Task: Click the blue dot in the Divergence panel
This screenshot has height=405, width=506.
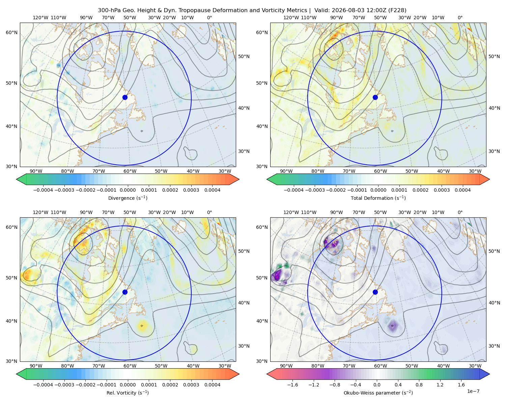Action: [x=125, y=98]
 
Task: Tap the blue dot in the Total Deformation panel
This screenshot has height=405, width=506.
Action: [x=375, y=98]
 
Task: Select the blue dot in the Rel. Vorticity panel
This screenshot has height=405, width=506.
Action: [x=125, y=292]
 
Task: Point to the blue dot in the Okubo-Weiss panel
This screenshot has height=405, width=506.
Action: [x=375, y=292]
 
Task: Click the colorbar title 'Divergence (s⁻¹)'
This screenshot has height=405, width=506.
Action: [x=128, y=198]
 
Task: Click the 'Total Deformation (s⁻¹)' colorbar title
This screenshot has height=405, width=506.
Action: [x=378, y=198]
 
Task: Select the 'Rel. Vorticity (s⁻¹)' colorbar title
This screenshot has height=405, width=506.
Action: [x=128, y=393]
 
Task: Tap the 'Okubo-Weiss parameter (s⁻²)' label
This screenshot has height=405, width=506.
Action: [x=378, y=393]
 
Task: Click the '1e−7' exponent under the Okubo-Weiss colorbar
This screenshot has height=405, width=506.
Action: [x=473, y=391]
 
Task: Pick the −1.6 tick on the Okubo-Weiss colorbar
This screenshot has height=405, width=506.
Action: [x=292, y=384]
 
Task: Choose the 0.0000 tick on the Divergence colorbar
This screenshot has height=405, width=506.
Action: [x=128, y=190]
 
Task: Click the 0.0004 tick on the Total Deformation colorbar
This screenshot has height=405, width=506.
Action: [x=462, y=190]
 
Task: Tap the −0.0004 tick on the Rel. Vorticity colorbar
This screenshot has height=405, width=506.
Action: [x=43, y=384]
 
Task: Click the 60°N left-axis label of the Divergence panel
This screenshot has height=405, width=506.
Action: [x=11, y=32]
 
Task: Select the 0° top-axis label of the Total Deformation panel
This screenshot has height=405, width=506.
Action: [x=460, y=18]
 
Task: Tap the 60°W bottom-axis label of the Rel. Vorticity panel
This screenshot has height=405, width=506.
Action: [x=130, y=366]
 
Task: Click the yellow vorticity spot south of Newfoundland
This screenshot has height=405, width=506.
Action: [x=142, y=326]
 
